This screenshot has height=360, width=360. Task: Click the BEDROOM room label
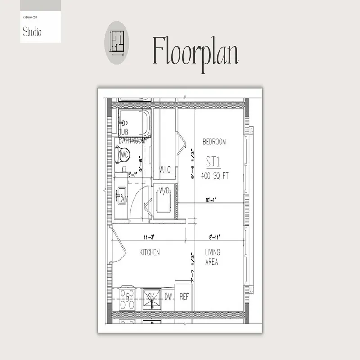point(214,142)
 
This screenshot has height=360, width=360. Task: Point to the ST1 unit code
point(215,162)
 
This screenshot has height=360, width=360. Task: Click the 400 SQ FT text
point(215,175)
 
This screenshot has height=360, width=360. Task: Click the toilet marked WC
point(123,155)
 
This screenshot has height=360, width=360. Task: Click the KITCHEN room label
point(149,252)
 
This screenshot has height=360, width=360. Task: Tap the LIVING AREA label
point(211,257)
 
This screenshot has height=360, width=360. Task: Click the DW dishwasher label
point(168,297)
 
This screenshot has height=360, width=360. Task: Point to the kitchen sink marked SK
point(152,297)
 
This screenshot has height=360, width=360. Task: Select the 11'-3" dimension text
point(150,237)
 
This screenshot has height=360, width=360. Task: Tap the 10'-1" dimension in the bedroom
point(211,200)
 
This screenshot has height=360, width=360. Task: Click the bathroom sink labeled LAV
point(121,197)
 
